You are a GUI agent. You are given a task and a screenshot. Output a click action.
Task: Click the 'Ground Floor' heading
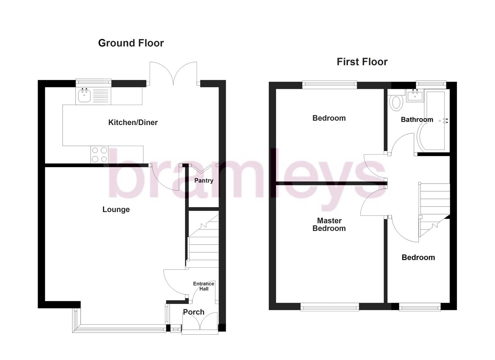tap(131, 43)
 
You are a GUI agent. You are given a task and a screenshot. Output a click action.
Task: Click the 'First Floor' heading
tap(362, 62)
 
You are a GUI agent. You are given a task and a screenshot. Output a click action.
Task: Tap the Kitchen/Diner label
tap(133, 122)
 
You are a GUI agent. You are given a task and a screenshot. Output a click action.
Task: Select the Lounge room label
tap(116, 209)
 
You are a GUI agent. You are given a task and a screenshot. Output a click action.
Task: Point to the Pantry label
tap(204, 180)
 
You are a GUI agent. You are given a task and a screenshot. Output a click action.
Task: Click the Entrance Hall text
tap(204, 286)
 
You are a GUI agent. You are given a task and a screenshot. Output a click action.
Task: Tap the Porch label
tap(194, 312)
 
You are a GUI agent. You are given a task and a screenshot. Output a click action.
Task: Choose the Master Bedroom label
tap(329, 224)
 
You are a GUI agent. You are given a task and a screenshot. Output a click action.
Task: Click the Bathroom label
tap(417, 119)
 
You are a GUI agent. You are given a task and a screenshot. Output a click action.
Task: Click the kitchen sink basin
tap(84, 96)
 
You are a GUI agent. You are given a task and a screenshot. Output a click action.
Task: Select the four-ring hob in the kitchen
tap(99, 155)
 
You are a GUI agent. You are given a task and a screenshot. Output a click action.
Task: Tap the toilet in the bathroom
tap(396, 102)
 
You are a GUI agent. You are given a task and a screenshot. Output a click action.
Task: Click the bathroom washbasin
tap(415, 95)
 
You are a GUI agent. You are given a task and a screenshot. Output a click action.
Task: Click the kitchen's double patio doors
tap(173, 73)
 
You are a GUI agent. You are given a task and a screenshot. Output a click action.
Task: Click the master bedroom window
tap(330, 307)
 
